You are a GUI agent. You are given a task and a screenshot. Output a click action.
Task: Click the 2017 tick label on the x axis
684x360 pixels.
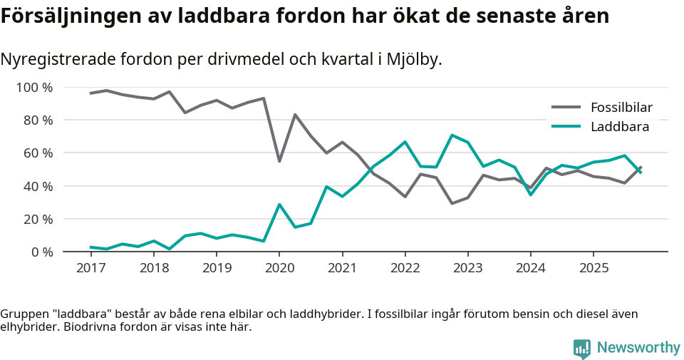[90, 268]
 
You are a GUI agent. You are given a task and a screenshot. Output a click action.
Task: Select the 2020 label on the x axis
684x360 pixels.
[279, 268]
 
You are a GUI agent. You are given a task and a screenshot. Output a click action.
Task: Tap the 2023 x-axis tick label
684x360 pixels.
[467, 268]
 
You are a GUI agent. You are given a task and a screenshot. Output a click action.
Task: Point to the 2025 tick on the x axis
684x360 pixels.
[593, 268]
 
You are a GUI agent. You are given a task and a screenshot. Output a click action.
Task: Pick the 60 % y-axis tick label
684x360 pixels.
[38, 153]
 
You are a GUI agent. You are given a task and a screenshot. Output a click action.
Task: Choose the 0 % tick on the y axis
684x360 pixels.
[41, 252]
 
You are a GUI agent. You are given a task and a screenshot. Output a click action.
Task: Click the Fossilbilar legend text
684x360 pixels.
[621, 108]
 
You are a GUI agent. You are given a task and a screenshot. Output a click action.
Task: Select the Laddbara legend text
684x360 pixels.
[619, 127]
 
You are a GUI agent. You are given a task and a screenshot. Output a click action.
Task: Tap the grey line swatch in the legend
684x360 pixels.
[567, 108]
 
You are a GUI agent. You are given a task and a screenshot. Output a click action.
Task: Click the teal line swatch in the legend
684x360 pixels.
[567, 127]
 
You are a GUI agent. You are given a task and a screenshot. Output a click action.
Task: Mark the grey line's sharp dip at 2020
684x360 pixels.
[279, 161]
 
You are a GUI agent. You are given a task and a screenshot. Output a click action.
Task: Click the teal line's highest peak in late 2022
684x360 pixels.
[452, 135]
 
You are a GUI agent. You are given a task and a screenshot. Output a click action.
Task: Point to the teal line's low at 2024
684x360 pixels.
[530, 195]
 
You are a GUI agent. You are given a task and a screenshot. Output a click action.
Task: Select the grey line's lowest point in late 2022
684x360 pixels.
[452, 203]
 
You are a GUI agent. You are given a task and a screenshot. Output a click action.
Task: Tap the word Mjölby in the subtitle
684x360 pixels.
[413, 60]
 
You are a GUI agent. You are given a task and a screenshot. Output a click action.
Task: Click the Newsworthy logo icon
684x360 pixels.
[581, 348]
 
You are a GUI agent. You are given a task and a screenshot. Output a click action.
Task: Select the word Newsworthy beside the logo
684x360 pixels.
[638, 348]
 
